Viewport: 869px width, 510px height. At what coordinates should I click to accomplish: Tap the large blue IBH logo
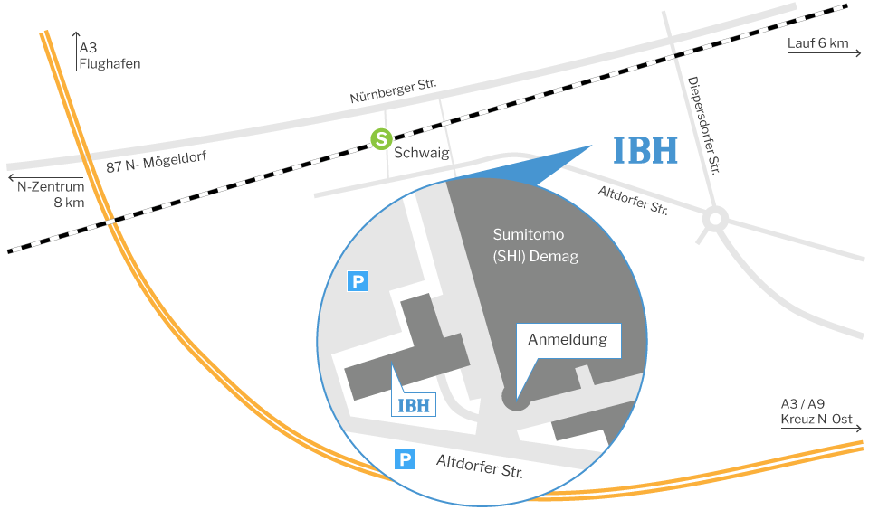coord(645,151)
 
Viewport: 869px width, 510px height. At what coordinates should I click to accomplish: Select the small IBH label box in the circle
coord(415,403)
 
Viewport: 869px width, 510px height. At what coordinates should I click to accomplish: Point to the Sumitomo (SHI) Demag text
coord(535,245)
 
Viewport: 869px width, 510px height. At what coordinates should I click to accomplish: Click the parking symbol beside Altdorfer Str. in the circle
coord(405,460)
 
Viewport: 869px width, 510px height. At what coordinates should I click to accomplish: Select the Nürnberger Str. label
coord(393,90)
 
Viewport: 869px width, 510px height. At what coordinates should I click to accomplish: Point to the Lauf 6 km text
coord(817,42)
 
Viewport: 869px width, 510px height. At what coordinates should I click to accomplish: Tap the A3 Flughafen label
coord(109,56)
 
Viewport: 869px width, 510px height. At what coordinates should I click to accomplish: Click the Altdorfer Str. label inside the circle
coord(480,467)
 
